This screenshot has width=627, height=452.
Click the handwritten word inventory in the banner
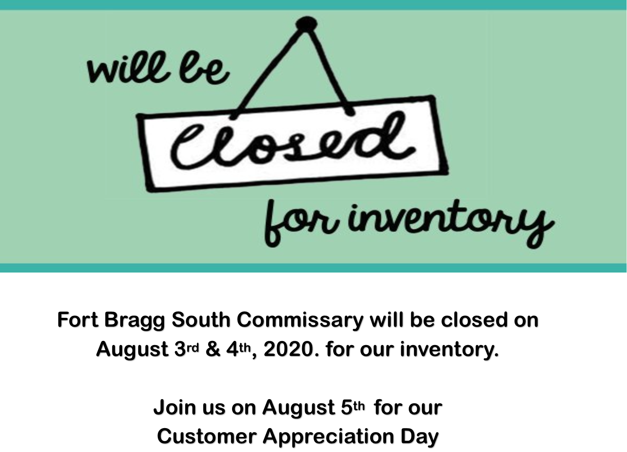click(449, 221)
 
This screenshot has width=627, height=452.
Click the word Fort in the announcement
click(78, 320)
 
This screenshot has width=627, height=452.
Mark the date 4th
click(239, 349)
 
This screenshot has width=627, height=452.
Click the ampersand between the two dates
click(213, 349)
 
